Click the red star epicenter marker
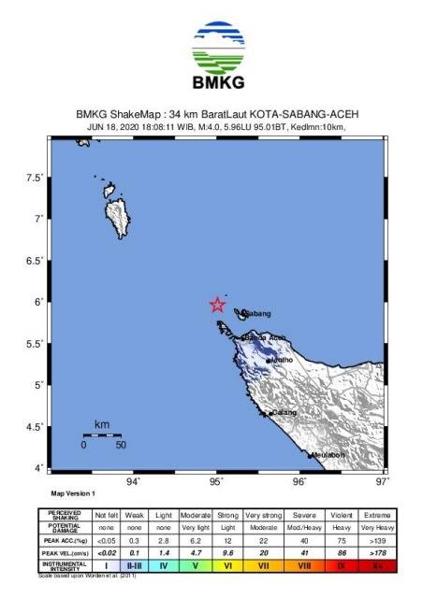[217, 304]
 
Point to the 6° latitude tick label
[37, 302]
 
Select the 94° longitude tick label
[134, 481]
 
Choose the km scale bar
[101, 434]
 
